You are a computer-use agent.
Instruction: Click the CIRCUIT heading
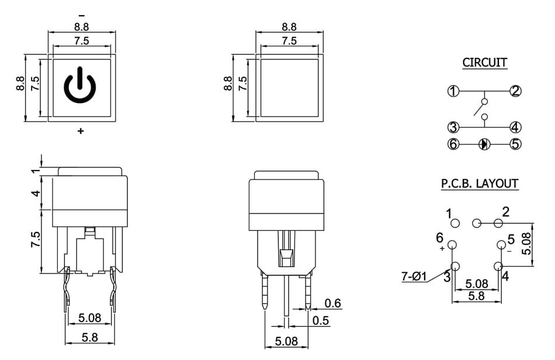click(x=484, y=63)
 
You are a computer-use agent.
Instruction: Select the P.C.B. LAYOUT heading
click(x=480, y=184)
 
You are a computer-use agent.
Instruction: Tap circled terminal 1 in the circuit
click(x=453, y=91)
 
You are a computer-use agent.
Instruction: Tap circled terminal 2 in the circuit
click(x=515, y=91)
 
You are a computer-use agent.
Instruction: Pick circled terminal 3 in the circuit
click(x=453, y=127)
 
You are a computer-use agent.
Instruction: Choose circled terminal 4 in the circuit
click(x=515, y=127)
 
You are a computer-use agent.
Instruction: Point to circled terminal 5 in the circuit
click(x=515, y=144)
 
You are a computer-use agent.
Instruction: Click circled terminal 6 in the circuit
click(x=453, y=144)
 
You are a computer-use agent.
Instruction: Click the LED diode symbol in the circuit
click(x=484, y=144)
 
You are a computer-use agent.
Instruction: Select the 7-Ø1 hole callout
click(x=414, y=276)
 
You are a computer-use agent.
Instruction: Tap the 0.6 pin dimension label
click(x=333, y=303)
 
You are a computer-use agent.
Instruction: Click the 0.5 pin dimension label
click(x=321, y=321)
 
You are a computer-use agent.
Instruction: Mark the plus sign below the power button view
click(x=81, y=131)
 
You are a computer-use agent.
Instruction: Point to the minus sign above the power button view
click(x=82, y=16)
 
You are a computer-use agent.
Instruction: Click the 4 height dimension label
click(x=36, y=193)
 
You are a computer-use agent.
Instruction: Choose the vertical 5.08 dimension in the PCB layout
click(x=526, y=244)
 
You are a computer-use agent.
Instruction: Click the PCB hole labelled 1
click(x=455, y=223)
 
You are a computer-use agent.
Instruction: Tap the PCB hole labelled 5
click(x=501, y=245)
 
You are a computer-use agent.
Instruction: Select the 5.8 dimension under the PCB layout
click(x=476, y=296)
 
